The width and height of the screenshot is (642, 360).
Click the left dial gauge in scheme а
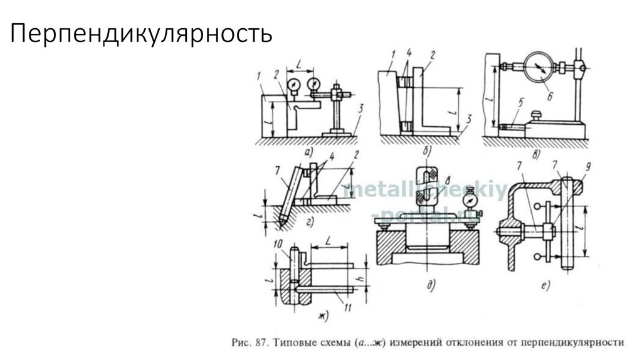(x=292, y=84)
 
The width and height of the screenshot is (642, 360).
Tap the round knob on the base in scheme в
(x=537, y=114)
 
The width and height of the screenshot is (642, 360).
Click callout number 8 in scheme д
(x=446, y=182)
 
